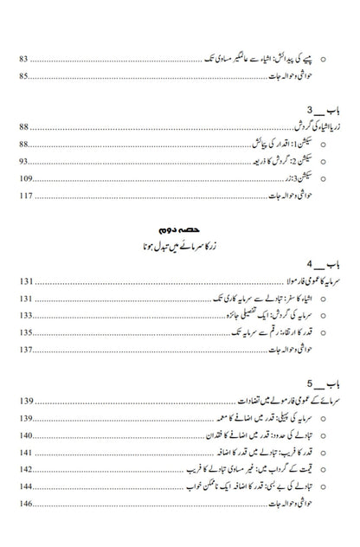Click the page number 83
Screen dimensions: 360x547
(x=25, y=59)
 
